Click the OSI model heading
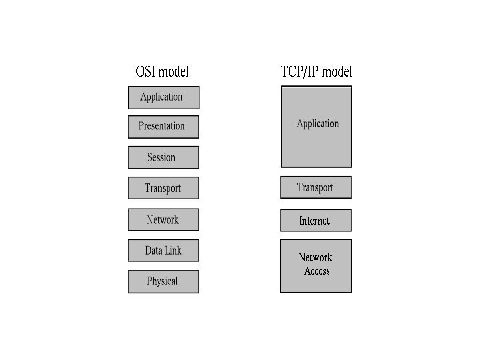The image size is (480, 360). [162, 72]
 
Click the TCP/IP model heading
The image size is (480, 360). [316, 72]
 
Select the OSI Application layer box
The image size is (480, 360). [163, 97]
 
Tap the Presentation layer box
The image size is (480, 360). [163, 126]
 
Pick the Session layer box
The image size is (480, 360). [163, 157]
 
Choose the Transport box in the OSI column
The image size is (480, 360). [163, 188]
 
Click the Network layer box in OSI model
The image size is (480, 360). [163, 219]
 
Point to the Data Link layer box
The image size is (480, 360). [163, 251]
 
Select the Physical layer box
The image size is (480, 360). [163, 281]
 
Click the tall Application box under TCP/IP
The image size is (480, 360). [316, 127]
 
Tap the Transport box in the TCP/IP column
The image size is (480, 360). [315, 187]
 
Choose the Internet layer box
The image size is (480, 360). [315, 221]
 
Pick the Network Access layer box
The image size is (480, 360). [315, 265]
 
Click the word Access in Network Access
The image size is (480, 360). [317, 271]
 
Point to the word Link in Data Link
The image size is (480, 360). [173, 251]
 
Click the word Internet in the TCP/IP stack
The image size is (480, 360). [315, 221]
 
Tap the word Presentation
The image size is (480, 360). [161, 126]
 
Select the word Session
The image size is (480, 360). [161, 157]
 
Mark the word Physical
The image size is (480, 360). [162, 281]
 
